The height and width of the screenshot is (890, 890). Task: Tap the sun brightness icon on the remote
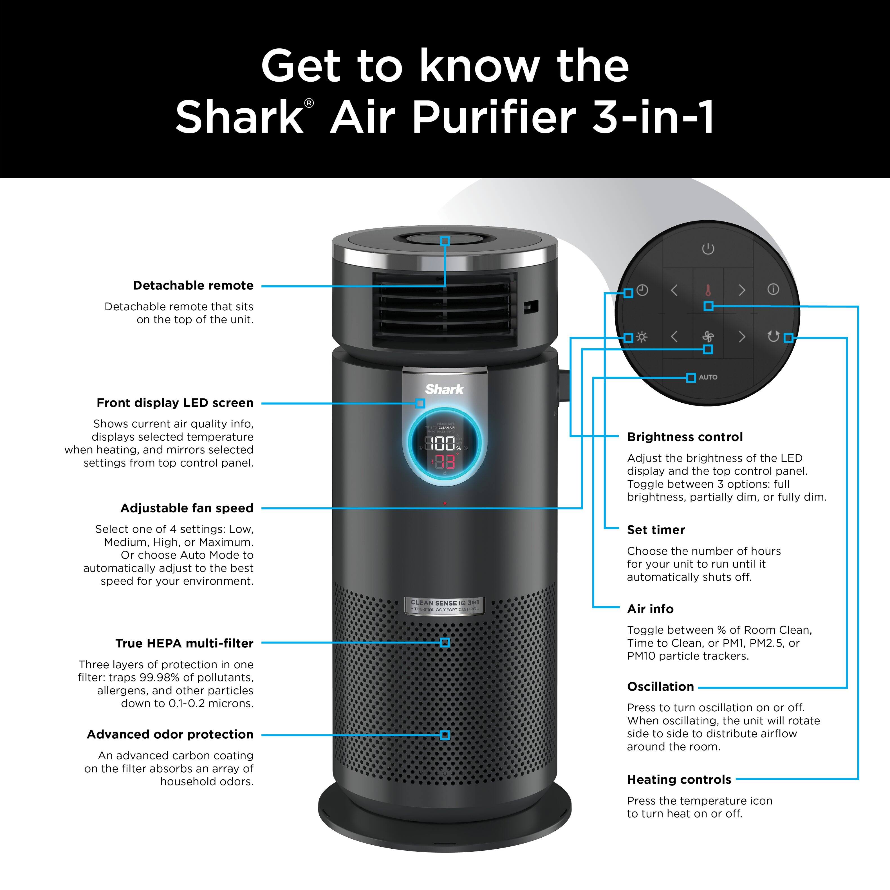click(642, 337)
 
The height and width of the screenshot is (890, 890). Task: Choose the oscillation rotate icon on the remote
click(774, 337)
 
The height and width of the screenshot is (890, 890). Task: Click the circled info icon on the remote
click(774, 289)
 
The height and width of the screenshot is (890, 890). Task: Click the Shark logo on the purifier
click(444, 389)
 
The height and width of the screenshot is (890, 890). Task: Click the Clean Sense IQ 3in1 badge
click(445, 605)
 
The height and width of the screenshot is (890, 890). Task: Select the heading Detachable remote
click(193, 286)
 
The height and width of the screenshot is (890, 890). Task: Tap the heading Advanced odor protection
click(170, 734)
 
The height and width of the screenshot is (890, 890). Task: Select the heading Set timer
click(656, 530)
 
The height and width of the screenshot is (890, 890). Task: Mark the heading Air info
click(650, 609)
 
